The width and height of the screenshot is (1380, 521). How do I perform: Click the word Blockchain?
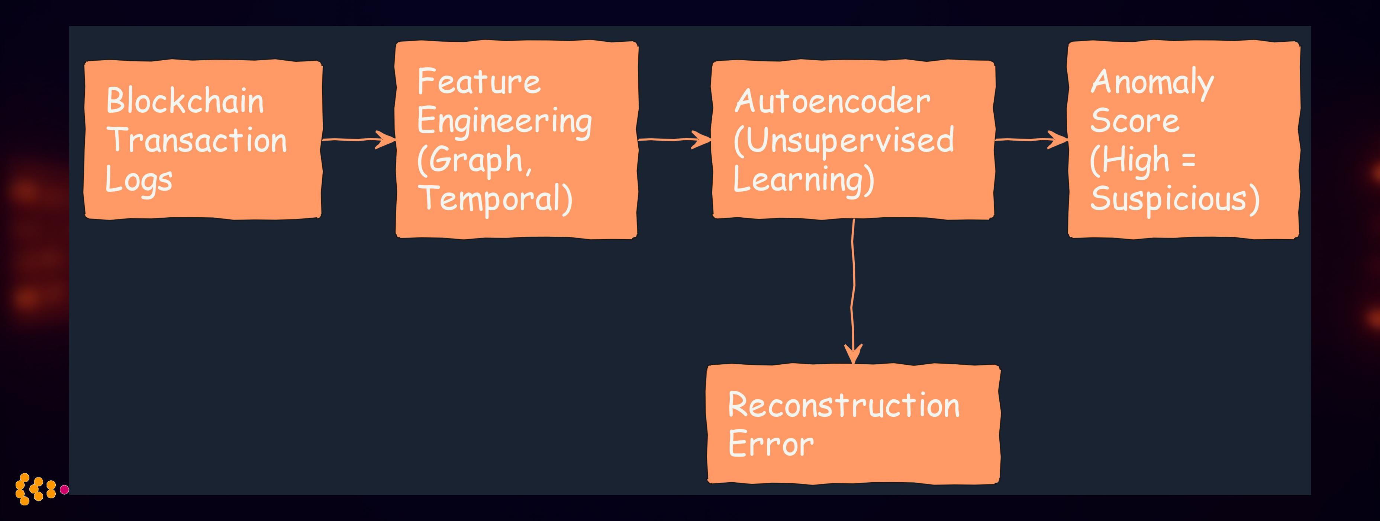point(185,101)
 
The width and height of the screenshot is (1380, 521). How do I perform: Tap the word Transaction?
point(197,140)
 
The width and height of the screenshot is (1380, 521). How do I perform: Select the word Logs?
point(139,180)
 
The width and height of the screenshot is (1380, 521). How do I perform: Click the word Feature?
point(479,81)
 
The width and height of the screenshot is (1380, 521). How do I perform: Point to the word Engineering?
point(504,121)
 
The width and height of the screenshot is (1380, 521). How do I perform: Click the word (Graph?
point(475,160)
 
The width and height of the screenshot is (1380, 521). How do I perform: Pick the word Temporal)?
point(495,199)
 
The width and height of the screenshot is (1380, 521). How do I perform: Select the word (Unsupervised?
point(844,140)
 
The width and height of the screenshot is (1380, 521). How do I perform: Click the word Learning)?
point(803,180)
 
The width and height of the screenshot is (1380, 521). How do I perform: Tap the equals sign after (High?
point(1188,160)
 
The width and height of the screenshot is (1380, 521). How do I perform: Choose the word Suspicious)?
point(1174,199)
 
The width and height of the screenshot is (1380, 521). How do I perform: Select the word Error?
point(771,444)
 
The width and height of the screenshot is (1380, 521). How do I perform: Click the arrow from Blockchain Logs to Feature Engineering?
point(358,140)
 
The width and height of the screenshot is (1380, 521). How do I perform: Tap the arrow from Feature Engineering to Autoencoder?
point(674,140)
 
